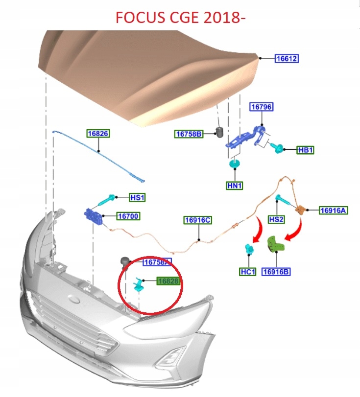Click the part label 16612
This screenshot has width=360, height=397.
pos(286,58)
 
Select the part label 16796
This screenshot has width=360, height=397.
pos(261,107)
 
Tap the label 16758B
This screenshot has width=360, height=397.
pos(189,134)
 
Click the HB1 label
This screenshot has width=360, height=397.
pos(305,150)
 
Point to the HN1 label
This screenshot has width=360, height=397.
pos(235,186)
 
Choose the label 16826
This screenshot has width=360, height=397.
pos(98,133)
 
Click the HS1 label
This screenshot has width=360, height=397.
pos(137,197)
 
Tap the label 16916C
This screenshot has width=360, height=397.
pos(198,220)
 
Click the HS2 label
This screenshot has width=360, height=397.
pos(276,220)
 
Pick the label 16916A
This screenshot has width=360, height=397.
pos(333,210)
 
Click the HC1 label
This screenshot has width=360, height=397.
pos(248,271)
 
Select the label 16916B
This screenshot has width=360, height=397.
pos(276,271)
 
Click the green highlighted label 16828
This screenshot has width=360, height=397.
pos(168,281)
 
